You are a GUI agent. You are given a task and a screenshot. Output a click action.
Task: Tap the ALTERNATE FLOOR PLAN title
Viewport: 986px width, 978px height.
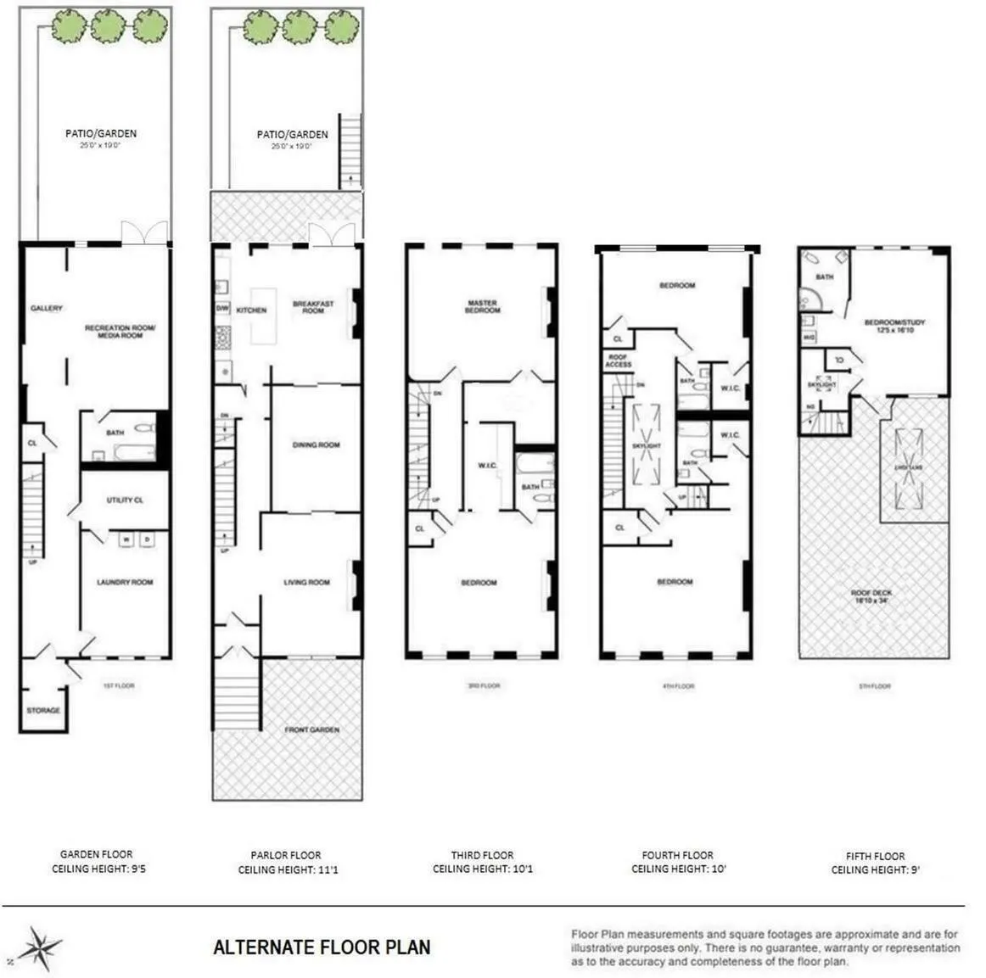pos(322,947)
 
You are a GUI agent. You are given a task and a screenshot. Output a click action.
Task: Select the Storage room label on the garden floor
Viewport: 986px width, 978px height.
pos(43,710)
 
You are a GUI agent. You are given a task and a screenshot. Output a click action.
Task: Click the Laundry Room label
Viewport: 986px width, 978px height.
pos(125,582)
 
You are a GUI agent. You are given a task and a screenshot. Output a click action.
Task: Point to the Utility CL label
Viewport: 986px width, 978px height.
pos(125,500)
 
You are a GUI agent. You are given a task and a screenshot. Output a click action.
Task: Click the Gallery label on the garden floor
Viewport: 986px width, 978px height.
pos(47,308)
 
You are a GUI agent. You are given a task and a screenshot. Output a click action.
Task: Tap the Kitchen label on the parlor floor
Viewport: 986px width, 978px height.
pos(251,310)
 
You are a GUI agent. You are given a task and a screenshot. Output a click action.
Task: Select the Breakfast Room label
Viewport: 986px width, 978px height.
pos(313,307)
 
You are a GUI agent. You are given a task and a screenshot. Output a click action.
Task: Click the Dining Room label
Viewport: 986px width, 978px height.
pos(316,444)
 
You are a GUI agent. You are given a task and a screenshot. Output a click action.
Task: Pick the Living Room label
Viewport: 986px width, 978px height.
pos(306,582)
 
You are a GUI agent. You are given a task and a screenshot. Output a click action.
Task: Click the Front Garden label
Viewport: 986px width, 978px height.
pos(311,729)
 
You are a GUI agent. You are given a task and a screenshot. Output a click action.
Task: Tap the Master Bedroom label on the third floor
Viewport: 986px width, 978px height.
pos(482,306)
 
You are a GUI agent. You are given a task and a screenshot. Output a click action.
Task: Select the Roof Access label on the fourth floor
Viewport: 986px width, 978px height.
pos(618,360)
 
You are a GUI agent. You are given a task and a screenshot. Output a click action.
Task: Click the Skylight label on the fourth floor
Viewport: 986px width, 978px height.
pos(647,445)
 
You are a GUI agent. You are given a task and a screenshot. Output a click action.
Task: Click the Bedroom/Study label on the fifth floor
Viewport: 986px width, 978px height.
pos(894,326)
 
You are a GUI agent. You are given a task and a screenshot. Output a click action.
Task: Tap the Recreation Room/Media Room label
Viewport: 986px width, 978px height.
pos(120,331)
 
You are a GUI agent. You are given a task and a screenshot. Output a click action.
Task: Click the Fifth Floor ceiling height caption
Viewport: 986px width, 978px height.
pos(876,863)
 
